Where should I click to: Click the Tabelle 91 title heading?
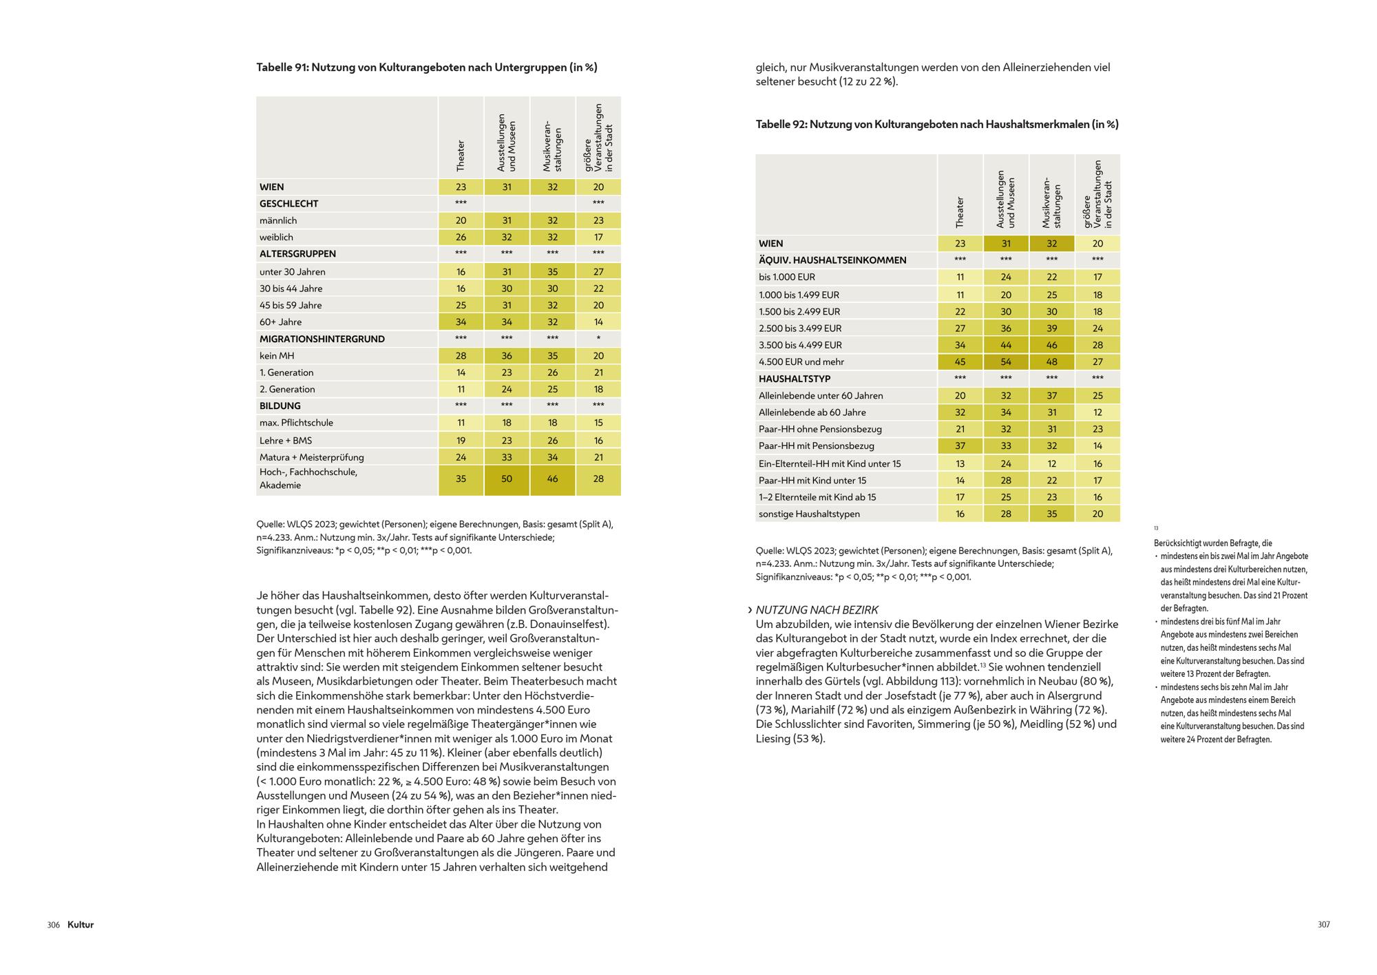click(426, 67)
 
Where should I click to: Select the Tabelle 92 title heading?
click(936, 125)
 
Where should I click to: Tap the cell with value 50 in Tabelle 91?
click(507, 479)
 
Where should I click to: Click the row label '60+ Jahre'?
click(280, 322)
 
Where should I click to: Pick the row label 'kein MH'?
click(277, 356)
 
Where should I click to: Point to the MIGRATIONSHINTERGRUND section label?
click(322, 339)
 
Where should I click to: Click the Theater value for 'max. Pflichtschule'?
click(461, 423)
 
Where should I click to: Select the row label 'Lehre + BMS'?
click(286, 441)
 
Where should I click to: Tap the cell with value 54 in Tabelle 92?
click(1006, 362)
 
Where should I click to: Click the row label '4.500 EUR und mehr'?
click(801, 362)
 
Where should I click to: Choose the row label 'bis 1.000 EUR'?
click(786, 277)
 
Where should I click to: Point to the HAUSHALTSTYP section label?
click(794, 379)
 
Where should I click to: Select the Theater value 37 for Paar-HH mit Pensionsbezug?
click(960, 446)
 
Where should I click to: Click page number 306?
click(54, 925)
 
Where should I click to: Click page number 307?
click(1323, 925)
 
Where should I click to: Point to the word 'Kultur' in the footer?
click(81, 925)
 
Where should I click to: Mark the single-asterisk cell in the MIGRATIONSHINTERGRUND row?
click(598, 339)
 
